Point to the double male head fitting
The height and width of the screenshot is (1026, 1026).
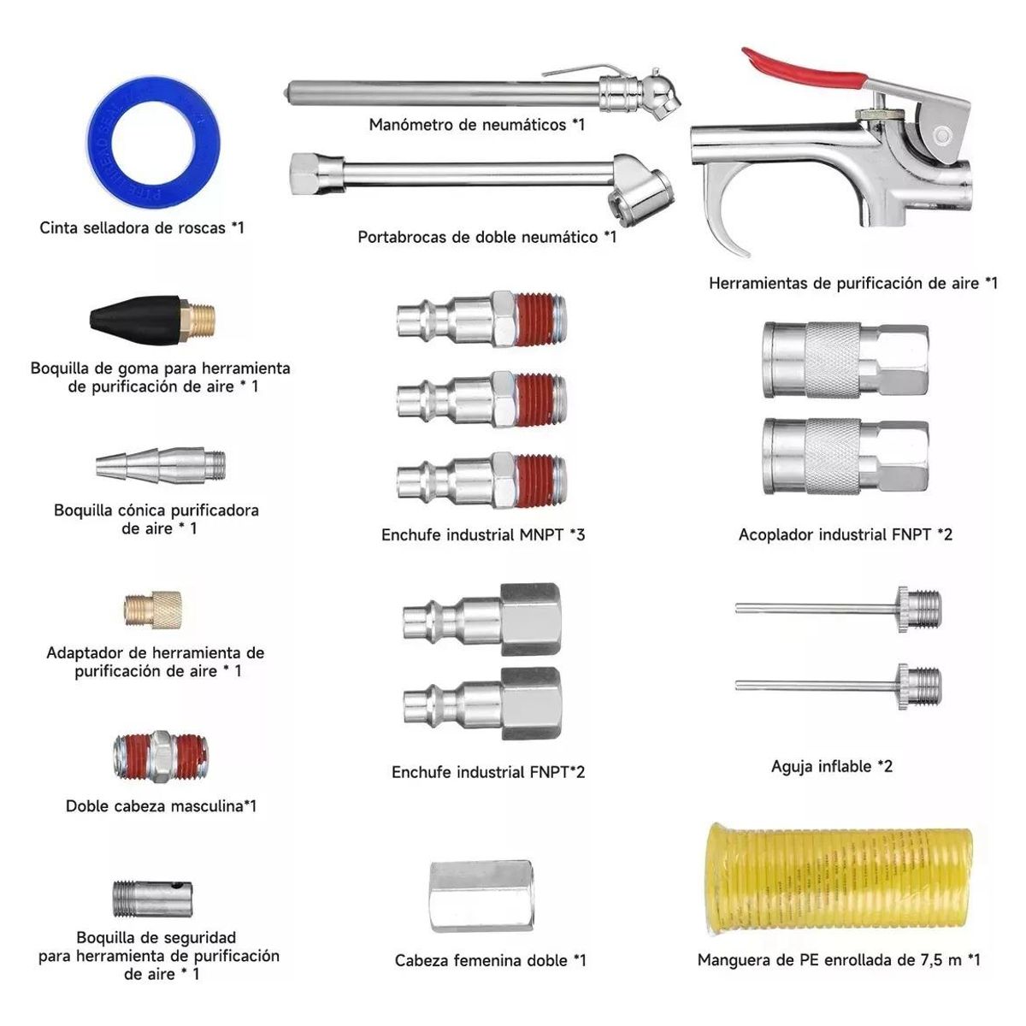pyautogui.click(x=161, y=756)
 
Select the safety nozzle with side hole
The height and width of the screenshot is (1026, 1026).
pyautogui.click(x=151, y=899)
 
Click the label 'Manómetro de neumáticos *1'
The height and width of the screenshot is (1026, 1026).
pyautogui.click(x=476, y=125)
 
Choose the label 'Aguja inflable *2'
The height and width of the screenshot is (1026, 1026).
pyautogui.click(x=831, y=766)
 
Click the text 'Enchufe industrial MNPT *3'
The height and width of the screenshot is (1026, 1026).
pyautogui.click(x=483, y=535)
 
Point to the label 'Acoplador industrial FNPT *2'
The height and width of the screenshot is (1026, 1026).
pyautogui.click(x=845, y=535)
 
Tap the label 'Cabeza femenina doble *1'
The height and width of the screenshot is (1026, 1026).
pyautogui.click(x=490, y=960)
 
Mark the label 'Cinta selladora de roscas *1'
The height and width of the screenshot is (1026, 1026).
pyautogui.click(x=142, y=227)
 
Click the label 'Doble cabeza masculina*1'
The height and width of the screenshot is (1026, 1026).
pyautogui.click(x=161, y=805)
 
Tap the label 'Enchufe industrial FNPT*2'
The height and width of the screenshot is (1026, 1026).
pyautogui.click(x=488, y=772)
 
